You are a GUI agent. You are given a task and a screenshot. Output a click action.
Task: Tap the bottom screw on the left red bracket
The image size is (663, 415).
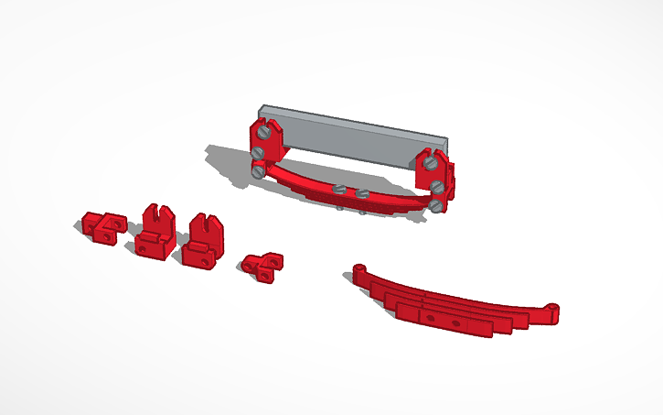pos(258,170)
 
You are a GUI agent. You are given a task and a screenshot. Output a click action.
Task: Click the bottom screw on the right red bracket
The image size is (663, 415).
pos(437,188)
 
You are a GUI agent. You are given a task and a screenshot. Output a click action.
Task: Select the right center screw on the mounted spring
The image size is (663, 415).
pos(362,193)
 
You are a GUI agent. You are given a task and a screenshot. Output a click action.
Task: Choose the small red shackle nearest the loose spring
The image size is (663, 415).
pos(262,265)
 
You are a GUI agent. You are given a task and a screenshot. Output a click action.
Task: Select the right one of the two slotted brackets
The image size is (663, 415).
pos(203,238)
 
